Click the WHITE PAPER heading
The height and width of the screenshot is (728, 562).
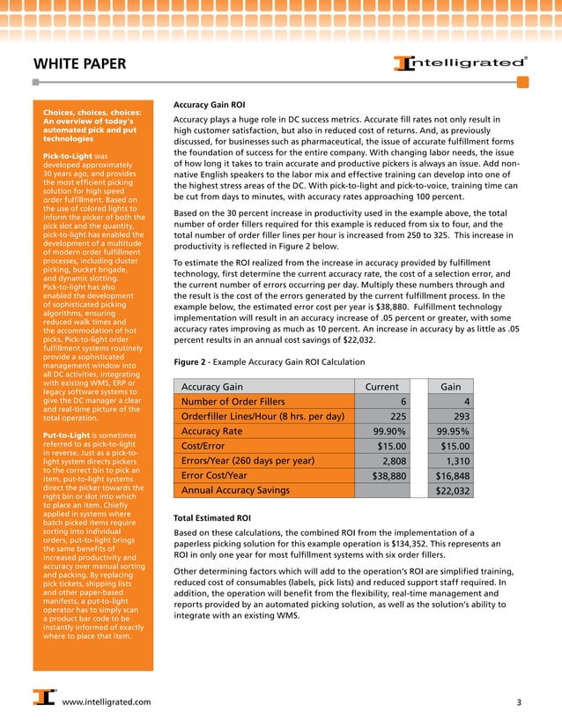[79, 64]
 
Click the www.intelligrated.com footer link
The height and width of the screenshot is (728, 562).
[107, 702]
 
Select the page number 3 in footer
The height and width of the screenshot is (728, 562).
[519, 702]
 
